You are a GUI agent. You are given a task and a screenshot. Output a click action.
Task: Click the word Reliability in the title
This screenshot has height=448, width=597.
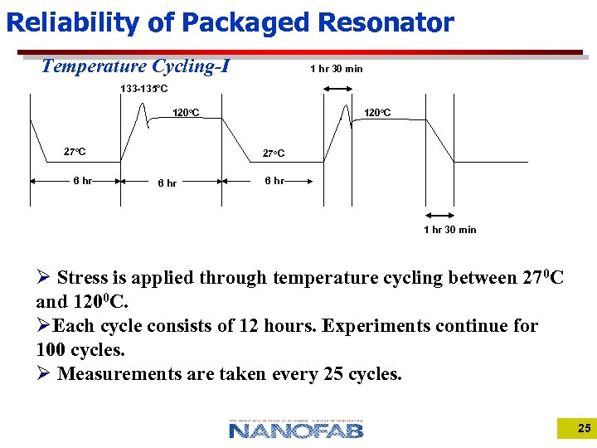73,22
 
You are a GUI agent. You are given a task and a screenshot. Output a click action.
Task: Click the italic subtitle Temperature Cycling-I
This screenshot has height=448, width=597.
135,66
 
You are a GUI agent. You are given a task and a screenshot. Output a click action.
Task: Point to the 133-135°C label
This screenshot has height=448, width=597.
144,89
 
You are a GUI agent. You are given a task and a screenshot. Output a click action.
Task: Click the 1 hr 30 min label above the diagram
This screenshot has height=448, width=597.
336,69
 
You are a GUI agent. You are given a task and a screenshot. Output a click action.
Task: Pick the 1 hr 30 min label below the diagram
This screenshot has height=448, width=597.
449,230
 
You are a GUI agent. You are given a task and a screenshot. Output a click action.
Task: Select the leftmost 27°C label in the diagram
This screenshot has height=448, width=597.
75,152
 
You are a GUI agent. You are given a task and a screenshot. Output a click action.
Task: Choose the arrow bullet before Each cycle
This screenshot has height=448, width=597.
44,325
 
